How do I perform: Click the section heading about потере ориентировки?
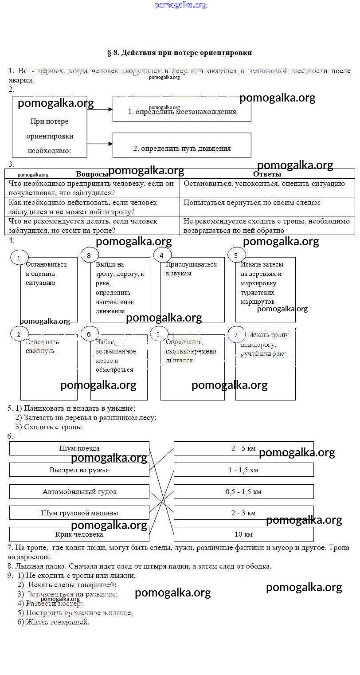[x=180, y=53]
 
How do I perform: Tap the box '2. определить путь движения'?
[x=182, y=146]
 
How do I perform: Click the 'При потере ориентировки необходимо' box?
[x=49, y=129]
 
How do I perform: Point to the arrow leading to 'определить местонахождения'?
[x=100, y=109]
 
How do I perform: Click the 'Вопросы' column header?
[x=92, y=174]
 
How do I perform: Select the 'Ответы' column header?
[x=267, y=174]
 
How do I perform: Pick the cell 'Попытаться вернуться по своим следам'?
[x=267, y=203]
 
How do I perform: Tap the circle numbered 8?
[x=89, y=255]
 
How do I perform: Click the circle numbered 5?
[x=236, y=255]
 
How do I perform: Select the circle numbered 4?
[x=162, y=255]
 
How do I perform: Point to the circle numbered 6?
[x=89, y=334]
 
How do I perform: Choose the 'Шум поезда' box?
[x=79, y=448]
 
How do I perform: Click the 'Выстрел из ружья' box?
[x=79, y=470]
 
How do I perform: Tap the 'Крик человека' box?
[x=79, y=534]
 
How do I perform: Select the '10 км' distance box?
[x=243, y=534]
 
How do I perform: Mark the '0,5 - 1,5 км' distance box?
[x=243, y=491]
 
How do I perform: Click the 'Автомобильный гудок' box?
[x=79, y=491]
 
